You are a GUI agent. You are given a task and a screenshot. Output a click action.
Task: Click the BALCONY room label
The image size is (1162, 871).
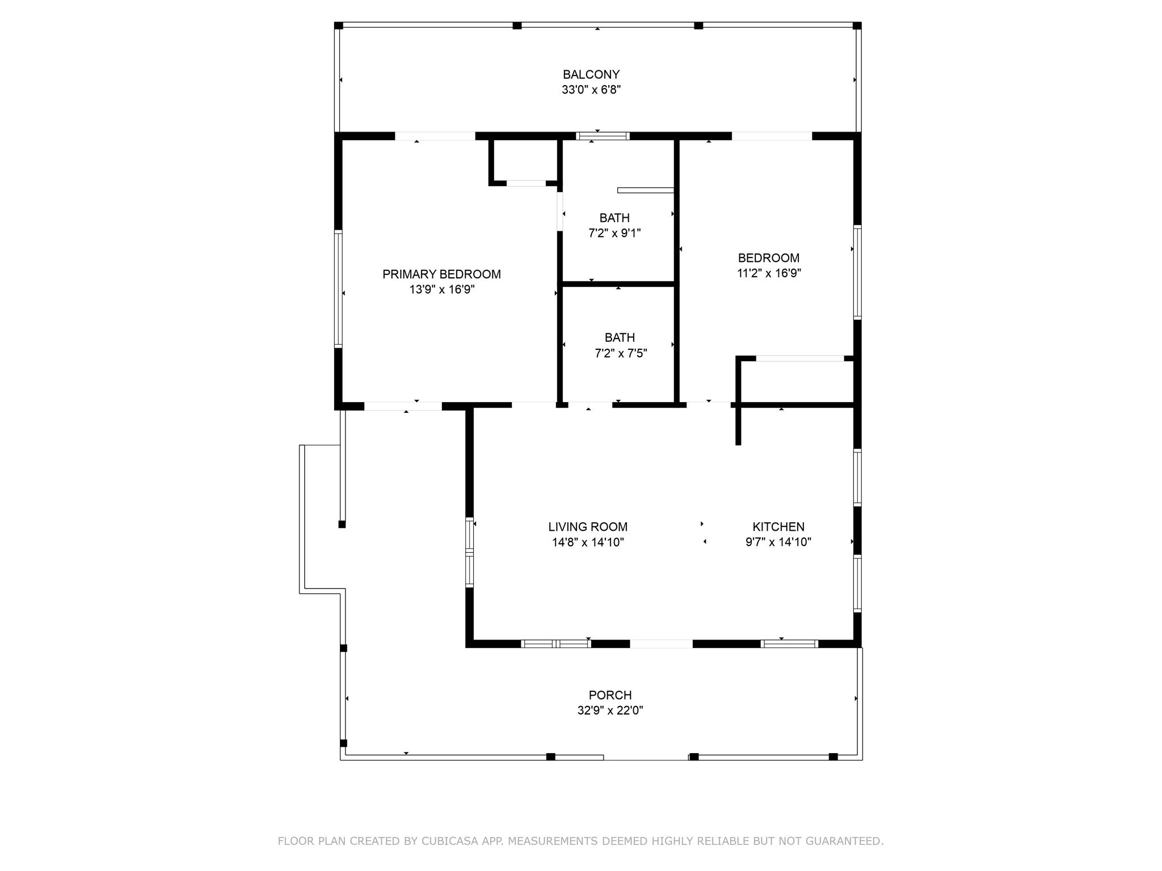click(591, 74)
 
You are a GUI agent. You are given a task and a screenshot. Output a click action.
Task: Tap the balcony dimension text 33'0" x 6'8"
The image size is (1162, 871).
click(591, 90)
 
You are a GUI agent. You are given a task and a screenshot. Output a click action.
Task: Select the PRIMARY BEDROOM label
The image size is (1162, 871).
click(441, 274)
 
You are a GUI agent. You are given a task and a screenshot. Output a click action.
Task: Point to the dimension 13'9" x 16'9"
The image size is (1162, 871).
click(441, 290)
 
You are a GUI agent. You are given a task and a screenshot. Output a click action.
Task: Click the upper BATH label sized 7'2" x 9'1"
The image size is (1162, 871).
click(614, 218)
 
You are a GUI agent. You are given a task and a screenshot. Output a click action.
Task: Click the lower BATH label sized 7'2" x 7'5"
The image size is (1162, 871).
click(620, 337)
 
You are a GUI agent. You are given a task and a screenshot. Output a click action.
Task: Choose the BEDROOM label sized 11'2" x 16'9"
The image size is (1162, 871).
click(768, 258)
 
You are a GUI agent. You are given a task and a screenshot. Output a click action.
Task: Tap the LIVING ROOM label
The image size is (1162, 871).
click(588, 527)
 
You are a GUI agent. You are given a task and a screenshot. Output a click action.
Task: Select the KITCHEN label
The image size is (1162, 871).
click(778, 527)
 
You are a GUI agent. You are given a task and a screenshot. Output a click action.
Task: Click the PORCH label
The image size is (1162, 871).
click(610, 695)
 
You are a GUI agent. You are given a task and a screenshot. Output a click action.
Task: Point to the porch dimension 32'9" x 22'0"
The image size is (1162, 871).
click(610, 711)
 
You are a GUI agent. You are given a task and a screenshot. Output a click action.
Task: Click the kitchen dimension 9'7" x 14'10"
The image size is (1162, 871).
click(778, 542)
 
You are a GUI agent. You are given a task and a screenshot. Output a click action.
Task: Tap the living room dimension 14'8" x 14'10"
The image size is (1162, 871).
click(588, 542)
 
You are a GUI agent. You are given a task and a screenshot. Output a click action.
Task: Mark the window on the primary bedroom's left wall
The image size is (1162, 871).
click(338, 289)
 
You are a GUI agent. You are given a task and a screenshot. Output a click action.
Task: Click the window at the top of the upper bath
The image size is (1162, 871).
click(603, 136)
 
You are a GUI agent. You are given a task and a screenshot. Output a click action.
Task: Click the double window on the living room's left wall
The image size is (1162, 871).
click(469, 551)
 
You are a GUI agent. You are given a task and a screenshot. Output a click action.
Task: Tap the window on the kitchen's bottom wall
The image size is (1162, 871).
click(789, 644)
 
